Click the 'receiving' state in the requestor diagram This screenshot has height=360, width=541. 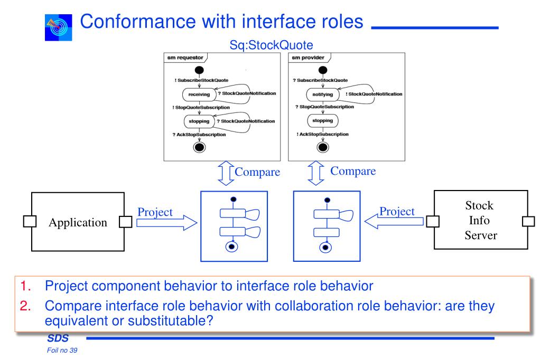point(199,94)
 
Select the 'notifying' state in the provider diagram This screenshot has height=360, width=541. point(323,94)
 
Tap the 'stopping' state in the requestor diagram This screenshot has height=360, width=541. point(199,121)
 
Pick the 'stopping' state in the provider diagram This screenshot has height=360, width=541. point(323,121)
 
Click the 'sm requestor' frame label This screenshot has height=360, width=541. point(185,58)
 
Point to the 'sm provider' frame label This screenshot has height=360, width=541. point(308,58)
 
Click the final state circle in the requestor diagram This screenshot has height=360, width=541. point(199,147)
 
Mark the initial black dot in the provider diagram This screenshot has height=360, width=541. point(323,70)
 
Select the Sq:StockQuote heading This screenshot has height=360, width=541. point(271,45)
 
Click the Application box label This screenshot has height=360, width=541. point(78,222)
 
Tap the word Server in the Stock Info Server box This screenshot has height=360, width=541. point(481,235)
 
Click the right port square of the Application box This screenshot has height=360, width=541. point(126,222)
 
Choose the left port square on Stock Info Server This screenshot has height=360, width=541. point(433,221)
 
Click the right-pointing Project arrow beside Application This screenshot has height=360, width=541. point(166,223)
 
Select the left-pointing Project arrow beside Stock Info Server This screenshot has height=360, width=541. point(394,221)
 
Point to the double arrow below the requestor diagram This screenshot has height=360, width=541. point(226,173)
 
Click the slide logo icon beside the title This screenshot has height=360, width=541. point(58,27)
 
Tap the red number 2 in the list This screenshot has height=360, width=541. point(25,306)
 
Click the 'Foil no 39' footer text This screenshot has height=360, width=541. point(62,350)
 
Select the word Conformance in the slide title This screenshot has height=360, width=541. point(138,22)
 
